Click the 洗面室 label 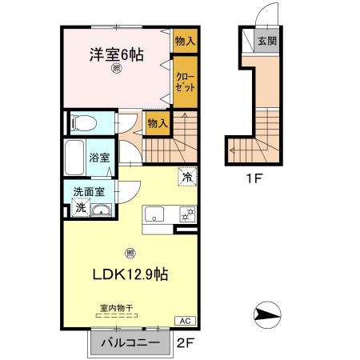click(89, 192)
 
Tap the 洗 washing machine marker click(81, 208)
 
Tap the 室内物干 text click(117, 307)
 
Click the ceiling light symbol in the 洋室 click(116, 69)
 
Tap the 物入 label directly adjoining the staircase click(157, 122)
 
